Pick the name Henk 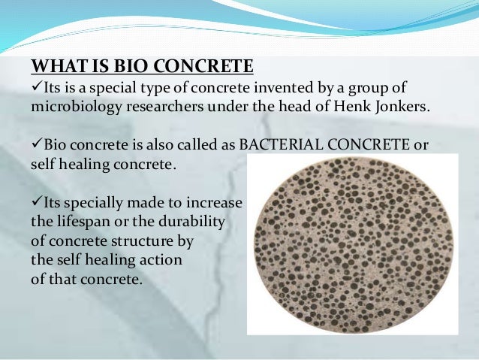click(x=339, y=105)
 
